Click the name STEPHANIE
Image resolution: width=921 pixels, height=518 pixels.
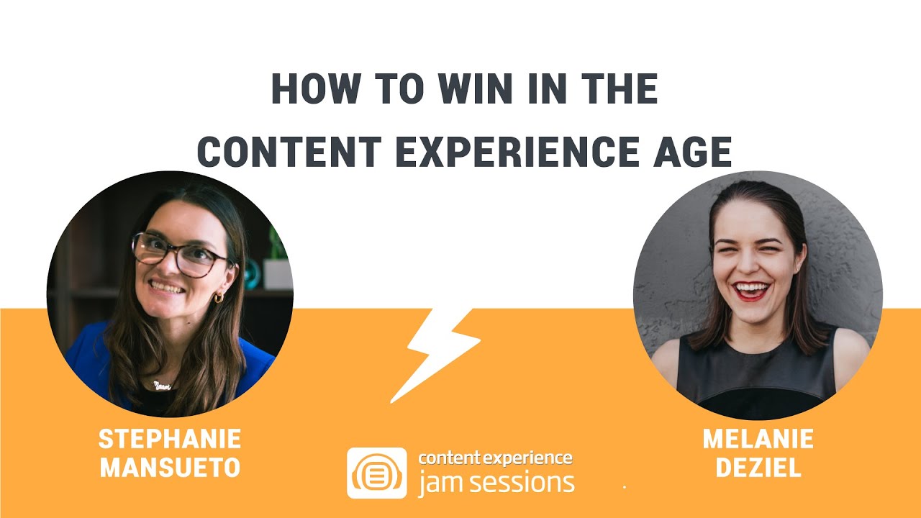click(x=170, y=439)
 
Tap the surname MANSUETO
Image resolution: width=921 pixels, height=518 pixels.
click(x=170, y=468)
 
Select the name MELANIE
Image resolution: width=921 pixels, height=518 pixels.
click(x=758, y=439)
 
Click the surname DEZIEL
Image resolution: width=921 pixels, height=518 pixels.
click(x=758, y=468)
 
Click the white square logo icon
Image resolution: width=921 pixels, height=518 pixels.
click(x=377, y=473)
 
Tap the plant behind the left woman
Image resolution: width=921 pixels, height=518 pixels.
click(x=277, y=245)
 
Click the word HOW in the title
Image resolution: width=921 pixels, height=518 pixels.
click(x=314, y=89)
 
